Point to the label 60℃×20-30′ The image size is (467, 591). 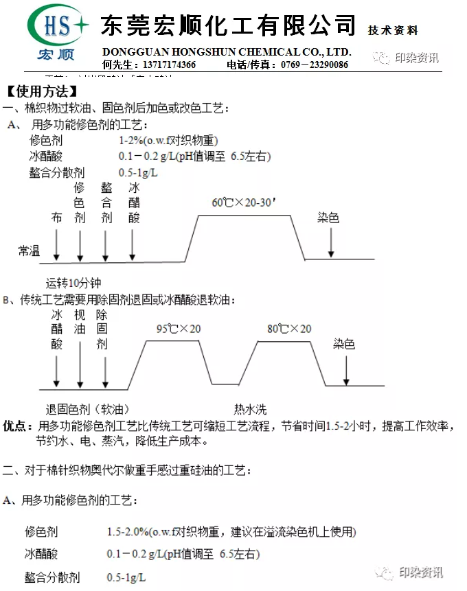pyautogui.click(x=244, y=202)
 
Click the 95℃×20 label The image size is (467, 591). pyautogui.click(x=179, y=329)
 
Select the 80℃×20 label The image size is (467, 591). pyautogui.click(x=289, y=329)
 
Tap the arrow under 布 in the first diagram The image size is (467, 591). pyautogui.click(x=56, y=244)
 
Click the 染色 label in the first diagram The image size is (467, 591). pyautogui.click(x=328, y=218)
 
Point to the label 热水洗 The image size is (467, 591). pyautogui.click(x=250, y=410)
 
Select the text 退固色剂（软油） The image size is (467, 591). pyautogui.click(x=87, y=410)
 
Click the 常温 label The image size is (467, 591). pyautogui.click(x=29, y=251)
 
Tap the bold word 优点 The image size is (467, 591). pyautogui.click(x=16, y=426)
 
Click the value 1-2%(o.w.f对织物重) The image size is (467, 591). pyautogui.click(x=168, y=140)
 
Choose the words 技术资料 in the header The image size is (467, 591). pyautogui.click(x=393, y=30)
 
